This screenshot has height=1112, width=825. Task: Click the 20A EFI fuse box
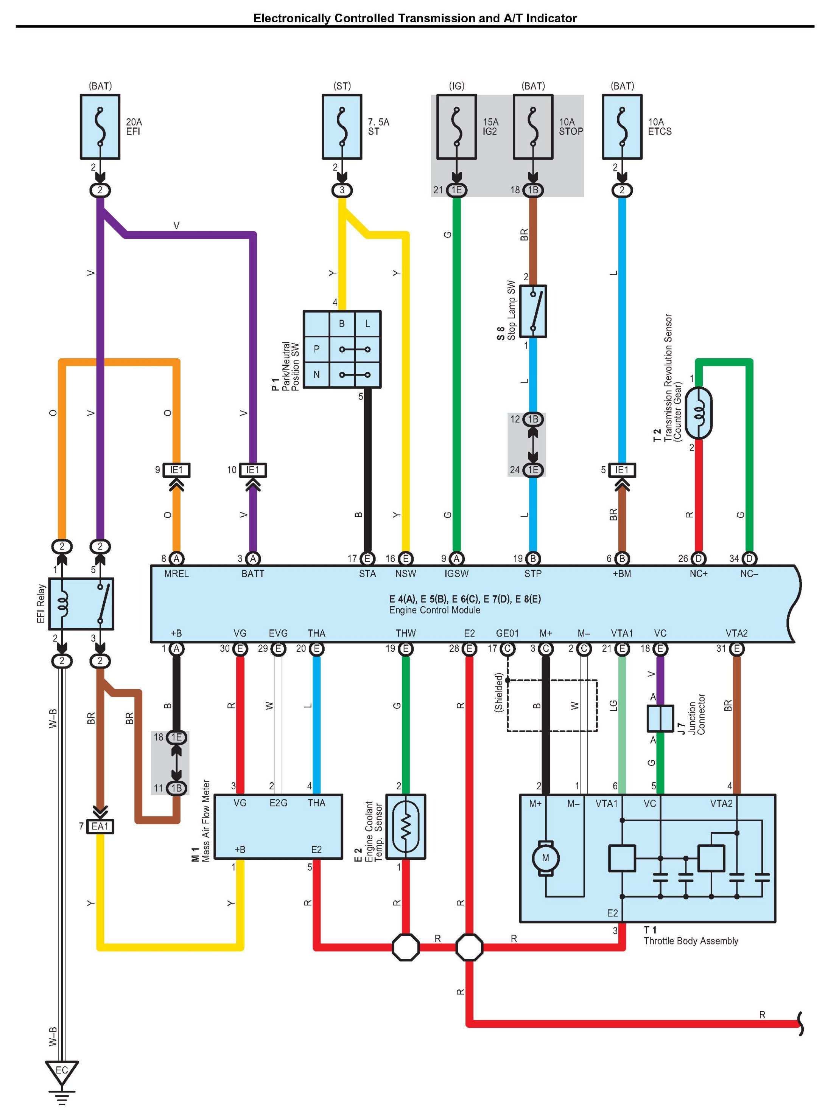[100, 127]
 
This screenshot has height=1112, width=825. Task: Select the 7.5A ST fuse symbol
[342, 127]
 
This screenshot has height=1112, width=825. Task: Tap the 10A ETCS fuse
[622, 127]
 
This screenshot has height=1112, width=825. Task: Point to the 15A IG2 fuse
[456, 127]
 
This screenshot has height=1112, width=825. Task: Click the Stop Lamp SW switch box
[533, 311]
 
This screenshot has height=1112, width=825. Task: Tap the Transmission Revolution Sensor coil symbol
[699, 413]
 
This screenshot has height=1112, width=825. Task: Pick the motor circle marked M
[545, 858]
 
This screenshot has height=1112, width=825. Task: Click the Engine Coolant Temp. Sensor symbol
[406, 826]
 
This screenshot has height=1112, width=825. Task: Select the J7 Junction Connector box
[660, 718]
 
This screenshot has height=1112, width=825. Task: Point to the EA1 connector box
[100, 826]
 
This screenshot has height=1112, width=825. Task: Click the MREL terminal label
[176, 573]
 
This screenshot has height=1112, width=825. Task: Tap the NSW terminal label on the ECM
[406, 573]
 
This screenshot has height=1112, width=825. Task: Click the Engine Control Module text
[434, 610]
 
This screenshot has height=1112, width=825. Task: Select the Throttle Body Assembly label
[691, 941]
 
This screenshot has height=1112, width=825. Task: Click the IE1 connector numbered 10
[253, 470]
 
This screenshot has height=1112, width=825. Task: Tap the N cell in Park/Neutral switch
[317, 374]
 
